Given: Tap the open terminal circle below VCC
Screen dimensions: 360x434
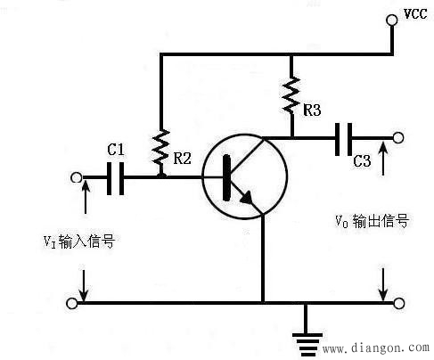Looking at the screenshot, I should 391,20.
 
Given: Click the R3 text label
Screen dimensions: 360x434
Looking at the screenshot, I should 313,111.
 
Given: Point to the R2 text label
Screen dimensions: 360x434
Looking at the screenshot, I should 182,160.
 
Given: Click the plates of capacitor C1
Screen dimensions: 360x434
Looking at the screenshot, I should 115,177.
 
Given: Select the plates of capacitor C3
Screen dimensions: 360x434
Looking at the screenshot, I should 344,138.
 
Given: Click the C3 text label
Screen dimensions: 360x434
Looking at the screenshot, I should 362,162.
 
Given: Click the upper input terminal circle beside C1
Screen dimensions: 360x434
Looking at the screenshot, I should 74,177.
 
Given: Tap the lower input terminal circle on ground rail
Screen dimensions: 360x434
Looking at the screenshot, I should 74,303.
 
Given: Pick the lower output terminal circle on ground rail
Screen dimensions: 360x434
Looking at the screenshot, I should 398,303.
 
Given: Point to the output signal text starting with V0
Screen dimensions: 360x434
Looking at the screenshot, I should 372,221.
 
